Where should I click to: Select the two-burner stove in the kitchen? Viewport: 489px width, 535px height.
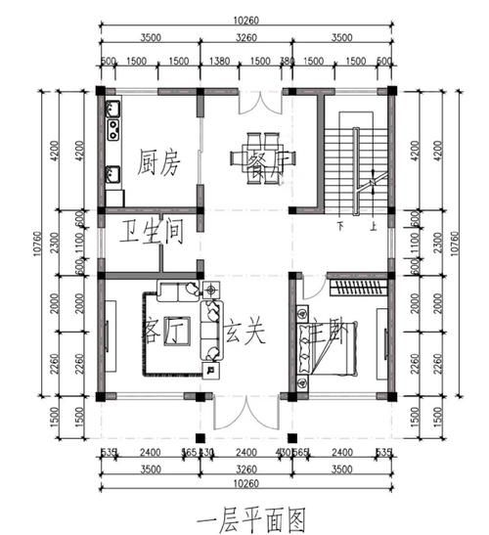(x=112, y=127)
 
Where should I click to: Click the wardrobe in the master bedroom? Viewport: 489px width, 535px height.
(x=356, y=289)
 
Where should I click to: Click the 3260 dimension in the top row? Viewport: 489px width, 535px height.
(x=246, y=39)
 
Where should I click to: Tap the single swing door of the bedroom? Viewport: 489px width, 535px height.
(x=311, y=287)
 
